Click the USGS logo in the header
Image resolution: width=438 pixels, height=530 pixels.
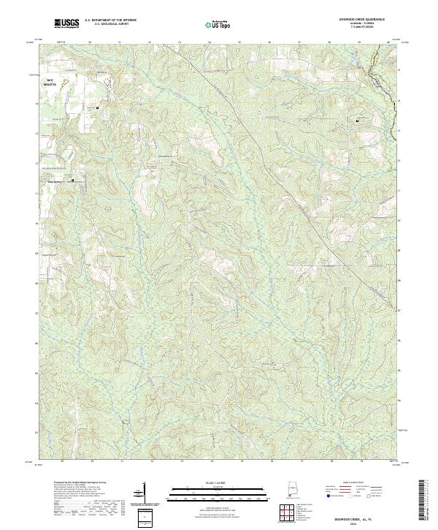(66, 23)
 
